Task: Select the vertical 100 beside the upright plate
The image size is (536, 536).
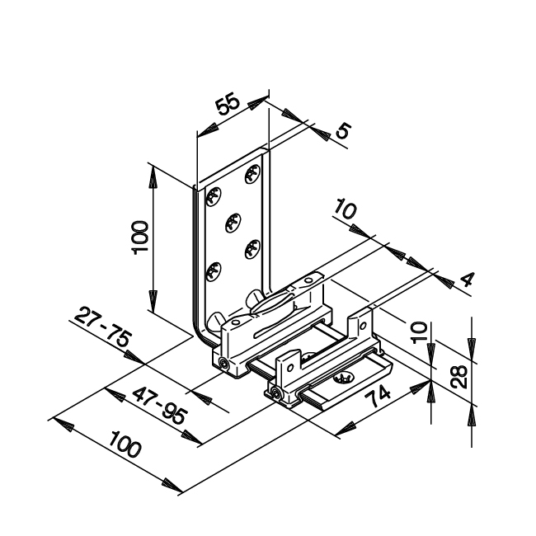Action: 140,237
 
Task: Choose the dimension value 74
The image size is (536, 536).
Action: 378,397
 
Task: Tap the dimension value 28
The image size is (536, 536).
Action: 458,376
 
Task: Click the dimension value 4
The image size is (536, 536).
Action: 468,280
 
